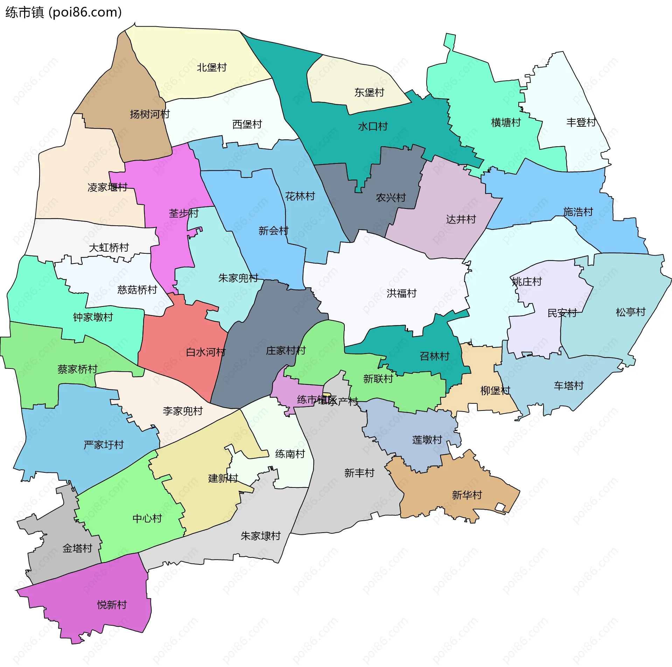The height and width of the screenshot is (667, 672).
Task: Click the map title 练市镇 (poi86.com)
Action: [x=63, y=13]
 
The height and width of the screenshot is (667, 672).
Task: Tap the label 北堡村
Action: [x=211, y=67]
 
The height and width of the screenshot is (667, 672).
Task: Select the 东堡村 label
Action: [x=369, y=92]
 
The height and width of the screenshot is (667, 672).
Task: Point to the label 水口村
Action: [x=373, y=126]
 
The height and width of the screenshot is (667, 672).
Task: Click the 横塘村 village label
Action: [x=506, y=122]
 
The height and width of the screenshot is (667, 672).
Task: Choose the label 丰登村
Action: [x=581, y=122]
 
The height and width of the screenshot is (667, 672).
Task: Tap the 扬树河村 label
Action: [x=150, y=114]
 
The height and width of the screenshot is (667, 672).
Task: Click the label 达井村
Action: [x=461, y=219]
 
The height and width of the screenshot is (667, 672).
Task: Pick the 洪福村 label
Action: [x=401, y=293]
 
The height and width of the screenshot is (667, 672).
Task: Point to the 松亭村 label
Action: [x=630, y=312]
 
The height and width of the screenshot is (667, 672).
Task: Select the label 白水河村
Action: [x=205, y=352]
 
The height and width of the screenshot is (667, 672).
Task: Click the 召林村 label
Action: [x=434, y=356]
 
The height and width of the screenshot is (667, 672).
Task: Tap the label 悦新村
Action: [x=112, y=605]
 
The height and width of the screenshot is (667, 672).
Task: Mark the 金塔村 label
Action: [x=77, y=548]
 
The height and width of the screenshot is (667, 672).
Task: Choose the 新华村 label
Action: [x=467, y=495]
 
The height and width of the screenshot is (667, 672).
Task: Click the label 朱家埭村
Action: [x=261, y=536]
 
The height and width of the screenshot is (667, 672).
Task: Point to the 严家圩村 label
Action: [x=104, y=445]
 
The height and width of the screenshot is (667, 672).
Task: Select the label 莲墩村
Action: [x=427, y=440]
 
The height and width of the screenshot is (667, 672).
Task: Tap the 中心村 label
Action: [x=147, y=519]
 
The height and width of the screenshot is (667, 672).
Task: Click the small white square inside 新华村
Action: [x=500, y=507]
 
